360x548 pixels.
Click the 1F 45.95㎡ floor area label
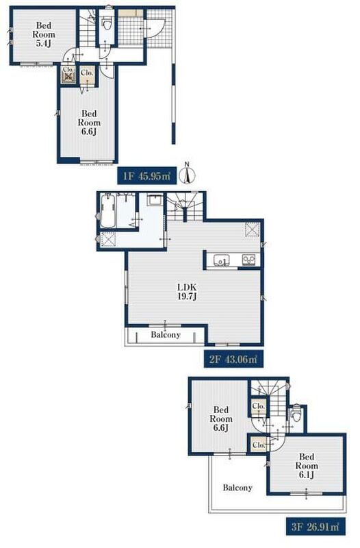146,176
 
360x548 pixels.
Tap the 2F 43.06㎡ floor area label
233,359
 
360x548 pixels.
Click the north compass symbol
187,174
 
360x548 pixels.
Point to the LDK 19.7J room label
187,292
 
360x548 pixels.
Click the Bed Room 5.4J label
44,35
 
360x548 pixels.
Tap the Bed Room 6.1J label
307,466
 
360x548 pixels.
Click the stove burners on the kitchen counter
249,260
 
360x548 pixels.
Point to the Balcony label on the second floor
166,334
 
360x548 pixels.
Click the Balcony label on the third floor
237,487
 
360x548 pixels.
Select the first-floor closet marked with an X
68,75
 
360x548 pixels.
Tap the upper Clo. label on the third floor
259,406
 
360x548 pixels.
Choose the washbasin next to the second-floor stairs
155,200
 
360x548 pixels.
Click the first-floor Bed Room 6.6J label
89,123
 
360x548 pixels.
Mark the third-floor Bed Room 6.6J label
220,419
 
